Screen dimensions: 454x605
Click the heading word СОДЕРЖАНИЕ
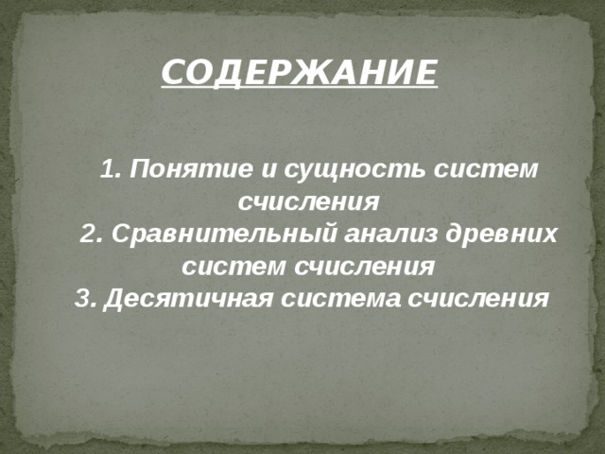299,72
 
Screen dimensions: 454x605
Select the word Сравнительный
219,234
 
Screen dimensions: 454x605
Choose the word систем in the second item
235,266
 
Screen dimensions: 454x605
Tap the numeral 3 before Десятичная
81,298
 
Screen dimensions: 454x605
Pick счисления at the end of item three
476,298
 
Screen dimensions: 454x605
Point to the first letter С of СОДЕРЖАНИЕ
171,72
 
